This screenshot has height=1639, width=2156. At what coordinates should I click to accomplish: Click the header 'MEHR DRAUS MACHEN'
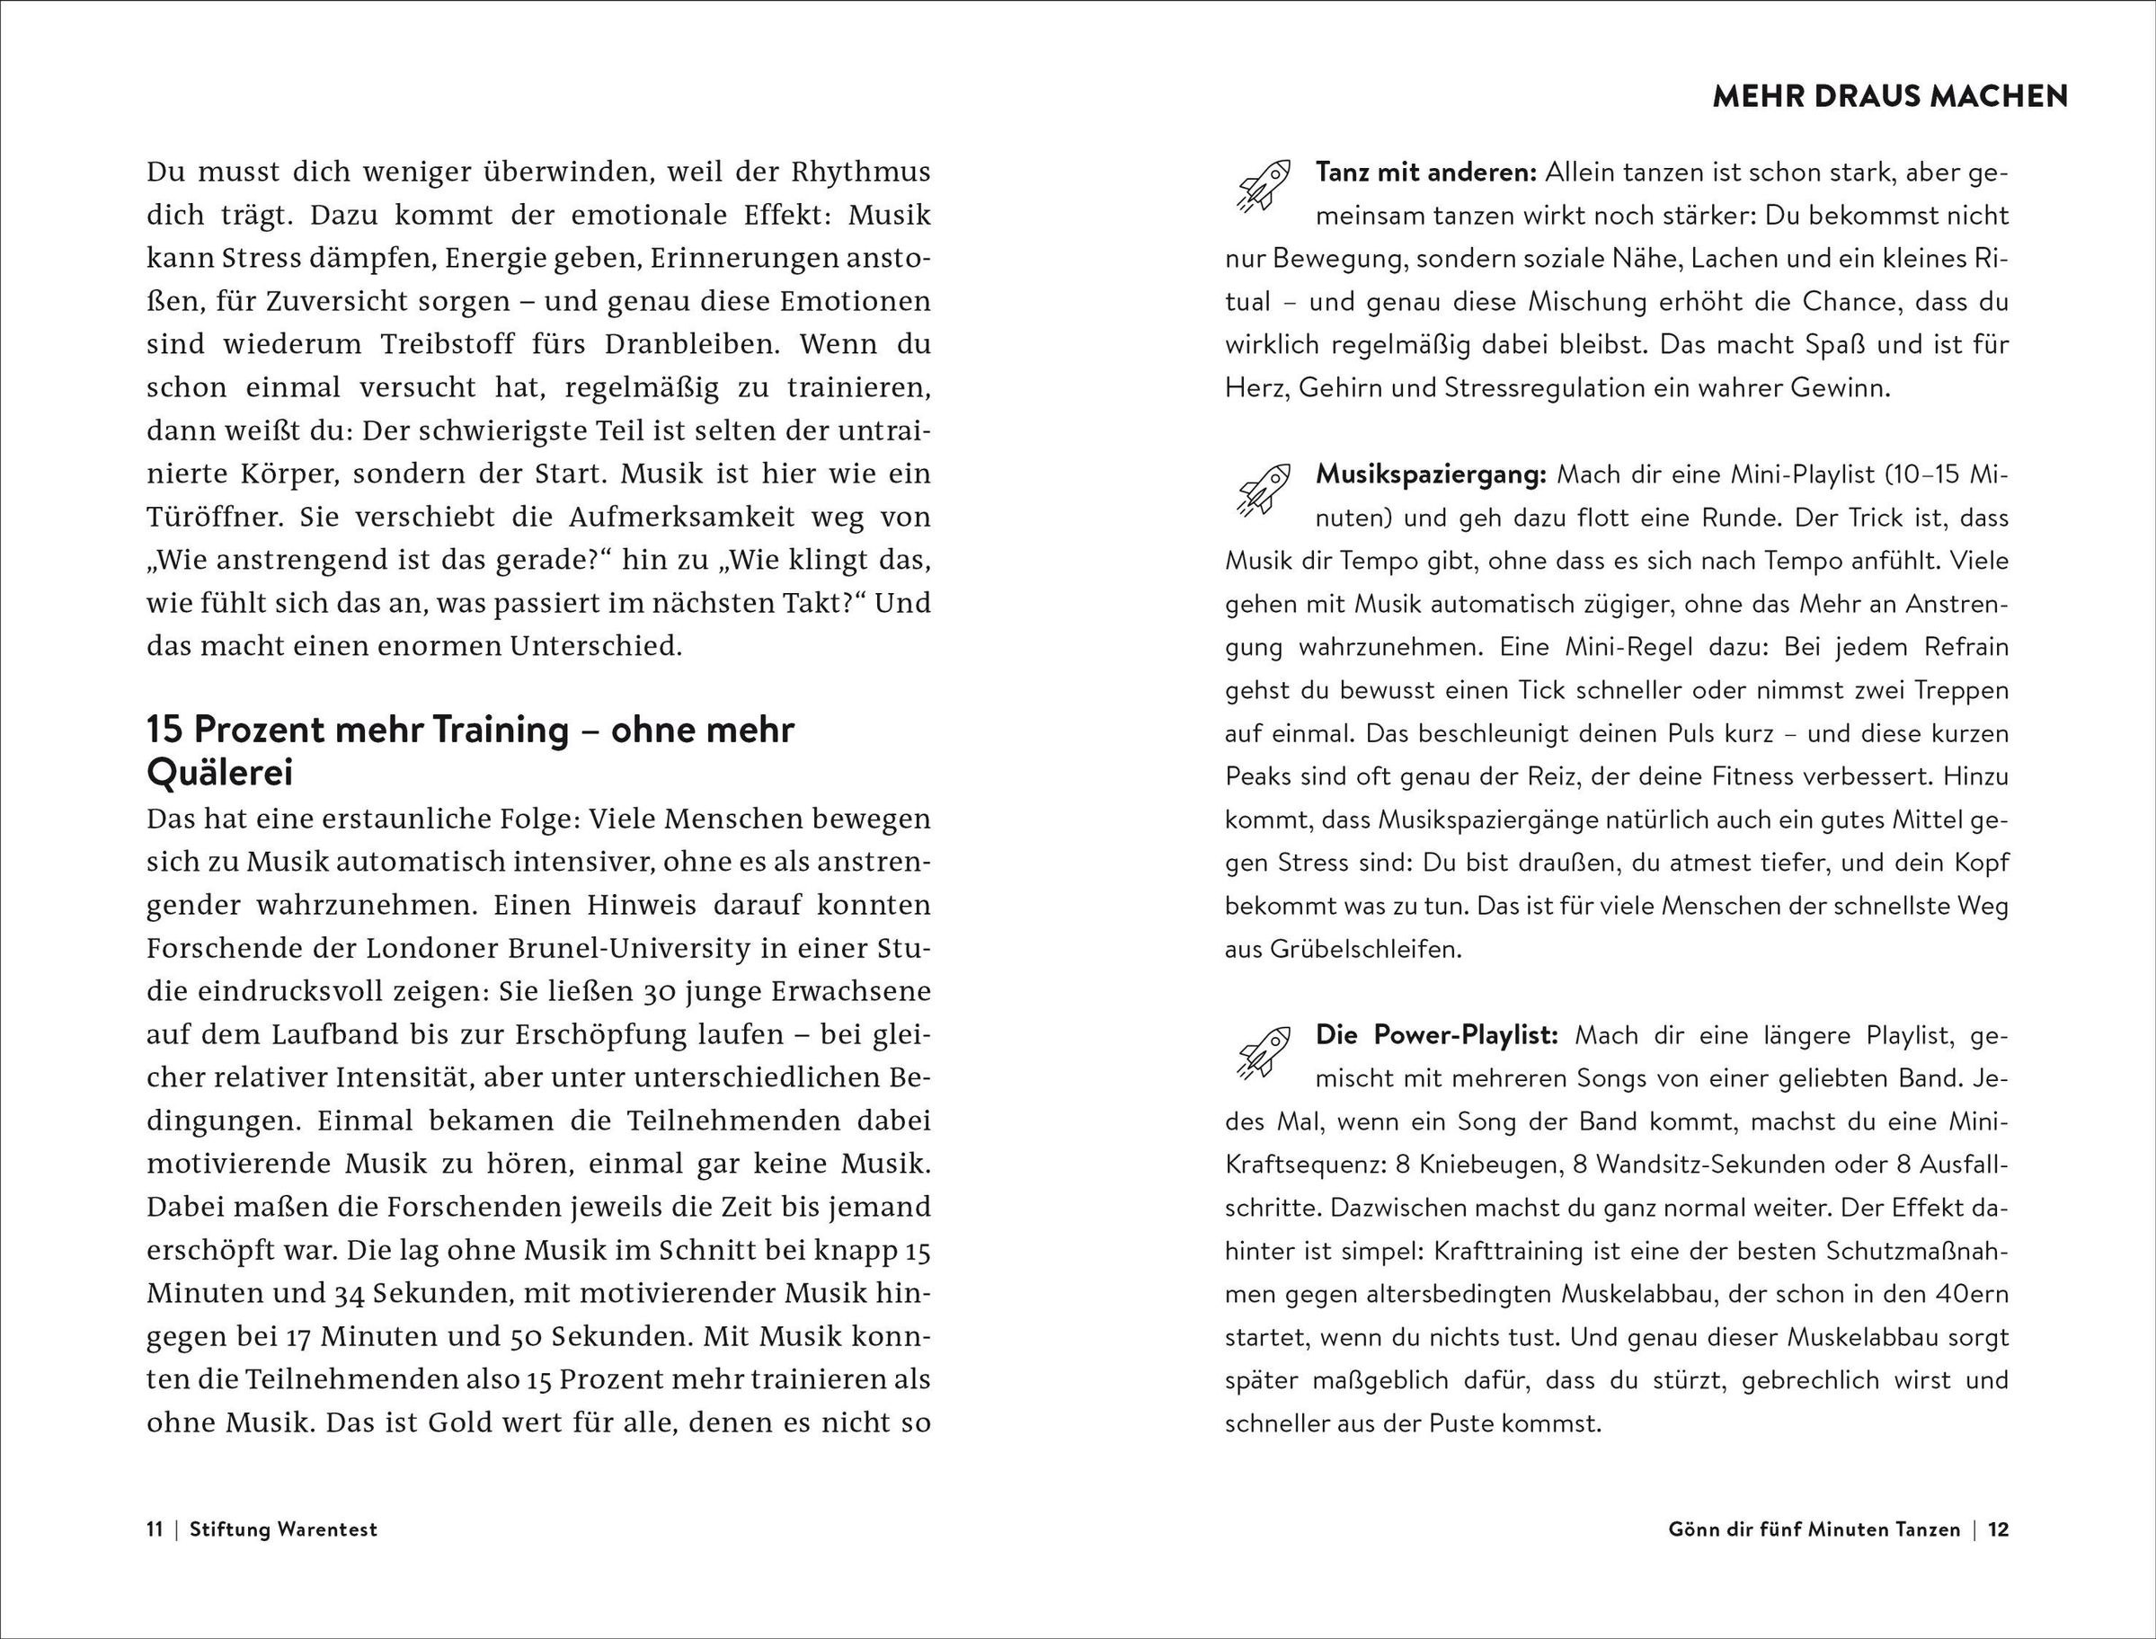[x=1890, y=96]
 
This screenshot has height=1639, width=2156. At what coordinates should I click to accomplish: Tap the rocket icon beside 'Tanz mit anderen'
[x=1264, y=185]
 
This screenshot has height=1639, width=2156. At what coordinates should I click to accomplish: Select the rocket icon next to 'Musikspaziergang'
[x=1264, y=488]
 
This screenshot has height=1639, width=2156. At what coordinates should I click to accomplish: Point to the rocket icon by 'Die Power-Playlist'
[x=1264, y=1049]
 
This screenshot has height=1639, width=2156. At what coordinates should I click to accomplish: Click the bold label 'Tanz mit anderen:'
[x=1425, y=173]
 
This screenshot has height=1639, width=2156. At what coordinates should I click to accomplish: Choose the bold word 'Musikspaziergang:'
[x=1431, y=475]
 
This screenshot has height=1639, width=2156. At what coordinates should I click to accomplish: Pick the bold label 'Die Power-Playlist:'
[x=1437, y=1035]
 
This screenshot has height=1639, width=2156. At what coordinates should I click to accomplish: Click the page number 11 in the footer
[x=155, y=1528]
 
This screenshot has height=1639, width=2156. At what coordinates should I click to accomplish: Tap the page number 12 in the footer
[x=1998, y=1528]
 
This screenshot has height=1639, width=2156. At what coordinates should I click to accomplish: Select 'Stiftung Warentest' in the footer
[x=283, y=1528]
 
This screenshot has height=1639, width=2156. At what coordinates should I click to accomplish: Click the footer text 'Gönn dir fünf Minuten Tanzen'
[x=1814, y=1528]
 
